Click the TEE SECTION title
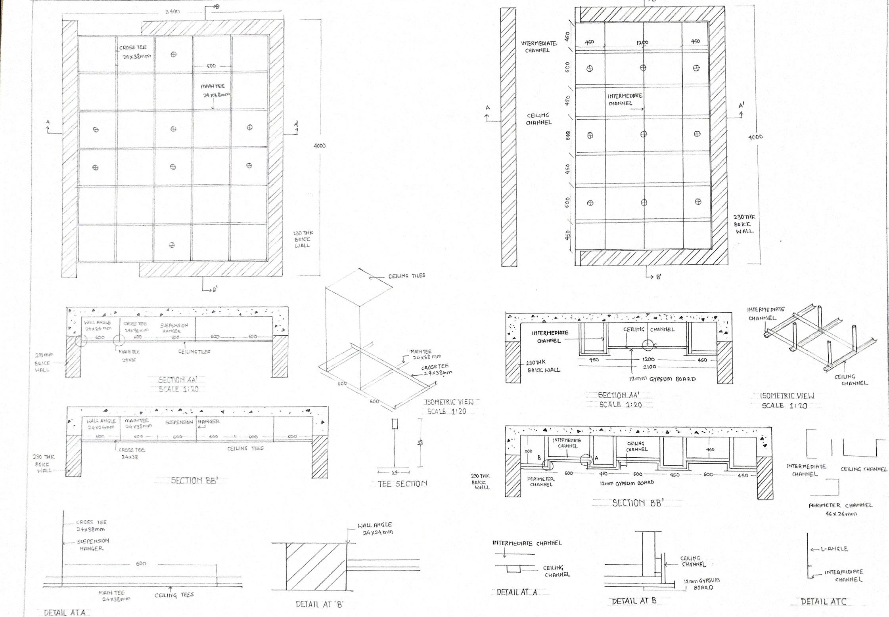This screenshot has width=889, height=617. (x=402, y=483)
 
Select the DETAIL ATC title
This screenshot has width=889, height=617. (x=823, y=602)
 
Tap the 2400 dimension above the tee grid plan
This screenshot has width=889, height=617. (x=172, y=11)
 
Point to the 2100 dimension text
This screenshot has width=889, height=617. (x=649, y=367)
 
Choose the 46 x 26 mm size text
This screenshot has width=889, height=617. (x=840, y=514)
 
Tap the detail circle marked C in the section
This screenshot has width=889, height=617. (x=647, y=344)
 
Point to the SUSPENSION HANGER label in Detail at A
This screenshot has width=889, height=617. (x=93, y=544)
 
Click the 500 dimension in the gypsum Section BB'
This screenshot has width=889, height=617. (x=528, y=451)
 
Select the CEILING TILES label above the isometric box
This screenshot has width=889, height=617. (x=406, y=275)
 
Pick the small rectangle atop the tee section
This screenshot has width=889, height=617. (x=395, y=424)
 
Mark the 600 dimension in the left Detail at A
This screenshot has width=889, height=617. (x=141, y=564)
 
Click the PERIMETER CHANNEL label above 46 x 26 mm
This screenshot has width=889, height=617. (x=840, y=505)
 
